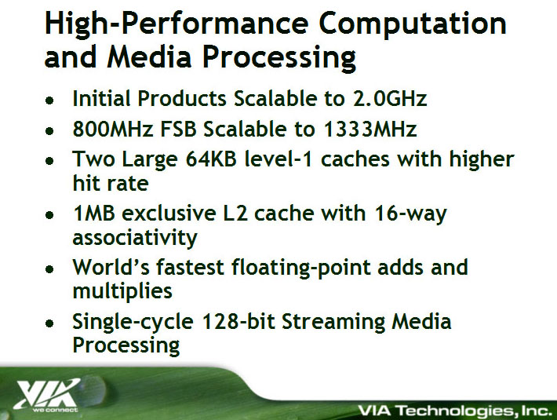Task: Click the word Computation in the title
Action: pyautogui.click(x=413, y=24)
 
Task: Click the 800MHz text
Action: pyautogui.click(x=113, y=129)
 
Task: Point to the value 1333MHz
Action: pyautogui.click(x=370, y=129)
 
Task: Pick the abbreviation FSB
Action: pyautogui.click(x=178, y=129)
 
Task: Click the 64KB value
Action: pyautogui.click(x=211, y=159)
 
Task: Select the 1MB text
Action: pyautogui.click(x=94, y=214)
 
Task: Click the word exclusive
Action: pyautogui.click(x=169, y=214)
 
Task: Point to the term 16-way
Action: pyautogui.click(x=410, y=214)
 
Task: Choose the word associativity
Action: pyautogui.click(x=135, y=237)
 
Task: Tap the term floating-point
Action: pyautogui.click(x=300, y=268)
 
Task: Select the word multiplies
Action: pyautogui.click(x=122, y=291)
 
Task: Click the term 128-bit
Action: pyautogui.click(x=238, y=321)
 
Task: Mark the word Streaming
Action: pyautogui.click(x=333, y=322)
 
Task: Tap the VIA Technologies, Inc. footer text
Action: pyautogui.click(x=455, y=411)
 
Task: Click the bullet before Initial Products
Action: pyautogui.click(x=49, y=100)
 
